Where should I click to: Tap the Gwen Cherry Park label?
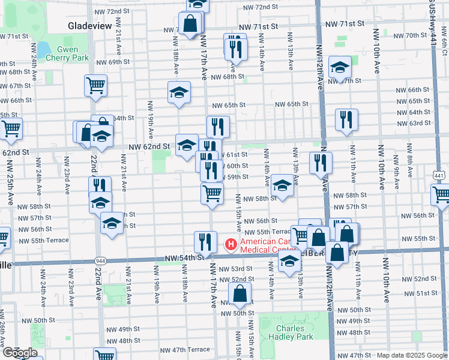click(x=73, y=53)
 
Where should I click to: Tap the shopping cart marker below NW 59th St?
click(x=212, y=193)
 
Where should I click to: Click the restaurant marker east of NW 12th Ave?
click(x=346, y=119)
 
